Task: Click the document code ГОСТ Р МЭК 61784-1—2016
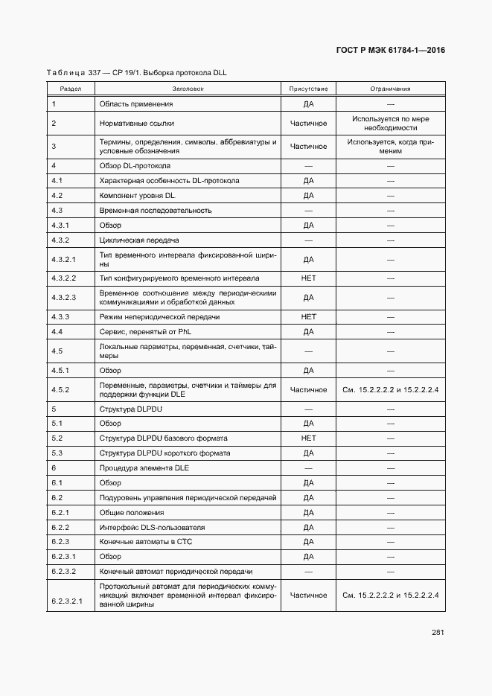click(x=390, y=51)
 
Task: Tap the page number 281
click(x=438, y=633)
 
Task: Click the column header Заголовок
click(x=188, y=89)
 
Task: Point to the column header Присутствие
click(x=308, y=89)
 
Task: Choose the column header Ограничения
click(x=390, y=89)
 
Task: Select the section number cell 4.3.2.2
click(x=64, y=278)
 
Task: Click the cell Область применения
click(x=135, y=103)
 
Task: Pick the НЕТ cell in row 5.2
click(x=308, y=438)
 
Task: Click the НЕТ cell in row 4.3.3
click(x=308, y=317)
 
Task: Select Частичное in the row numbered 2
click(x=308, y=123)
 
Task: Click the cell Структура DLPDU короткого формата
click(x=164, y=453)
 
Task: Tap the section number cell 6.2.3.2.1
click(x=67, y=596)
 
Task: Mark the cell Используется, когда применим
click(x=390, y=147)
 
